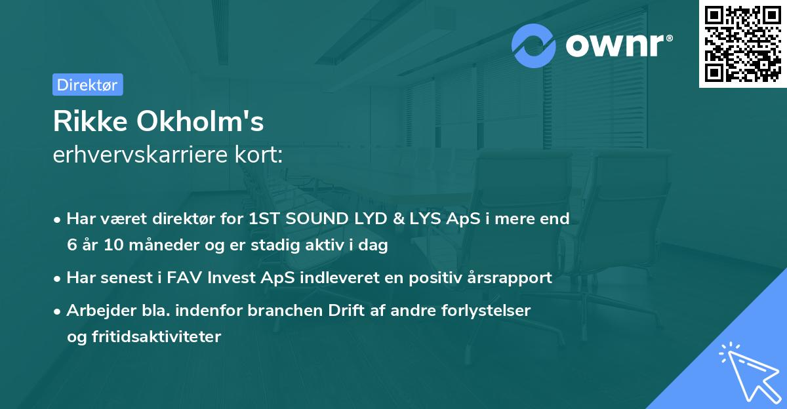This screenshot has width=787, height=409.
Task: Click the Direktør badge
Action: click(x=87, y=85)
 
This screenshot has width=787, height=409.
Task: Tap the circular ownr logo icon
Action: click(x=534, y=46)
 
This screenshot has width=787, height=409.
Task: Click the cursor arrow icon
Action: click(x=747, y=373)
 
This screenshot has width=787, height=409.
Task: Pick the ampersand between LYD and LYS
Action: click(x=381, y=219)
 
